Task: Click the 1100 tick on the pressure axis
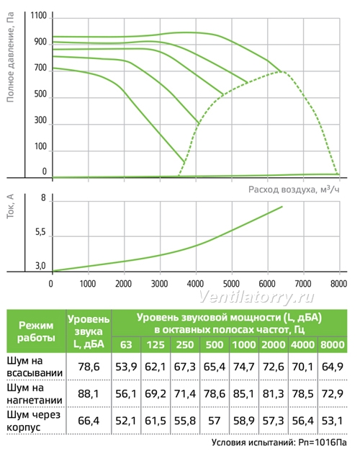click(x=39, y=16)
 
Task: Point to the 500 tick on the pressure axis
click(x=40, y=94)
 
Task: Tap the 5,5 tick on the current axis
click(x=40, y=232)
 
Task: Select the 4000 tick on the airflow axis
click(x=195, y=284)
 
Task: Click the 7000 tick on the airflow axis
click(x=303, y=284)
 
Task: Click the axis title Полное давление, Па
click(x=10, y=57)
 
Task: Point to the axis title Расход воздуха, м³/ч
click(x=294, y=189)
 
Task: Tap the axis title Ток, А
click(x=10, y=206)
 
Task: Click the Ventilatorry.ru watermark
click(x=256, y=297)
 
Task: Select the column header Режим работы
click(x=36, y=331)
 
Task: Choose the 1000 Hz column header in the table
click(x=244, y=344)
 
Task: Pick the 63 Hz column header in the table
click(x=126, y=344)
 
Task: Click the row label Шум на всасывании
click(x=35, y=367)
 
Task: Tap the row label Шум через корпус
click(x=33, y=421)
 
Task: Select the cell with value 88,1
click(x=89, y=394)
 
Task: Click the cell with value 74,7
click(x=244, y=367)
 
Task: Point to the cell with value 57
click(x=215, y=421)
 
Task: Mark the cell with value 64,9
click(x=332, y=367)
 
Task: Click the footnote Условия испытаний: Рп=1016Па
click(x=279, y=442)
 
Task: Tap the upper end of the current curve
click(x=282, y=207)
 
